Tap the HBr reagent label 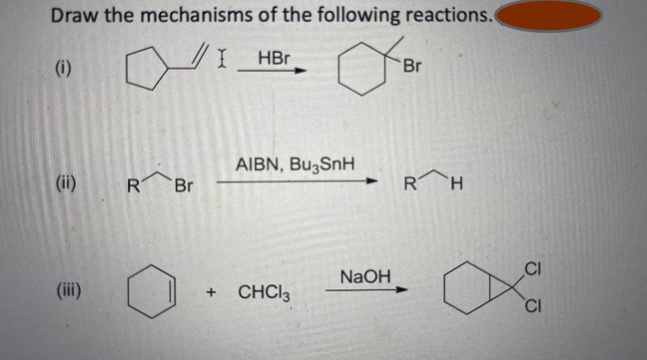click(274, 58)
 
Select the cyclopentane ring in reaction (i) click(145, 70)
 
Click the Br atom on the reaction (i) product click(411, 66)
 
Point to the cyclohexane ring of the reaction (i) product click(361, 73)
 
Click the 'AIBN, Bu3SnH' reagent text click(295, 165)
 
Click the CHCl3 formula click(263, 292)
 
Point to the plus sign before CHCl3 click(212, 292)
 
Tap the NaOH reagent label click(365, 276)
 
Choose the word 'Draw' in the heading click(74, 16)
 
